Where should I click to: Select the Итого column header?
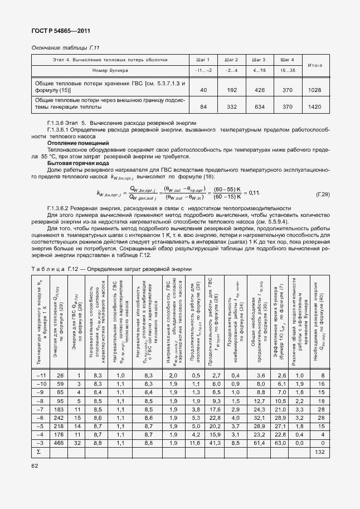click(315, 65)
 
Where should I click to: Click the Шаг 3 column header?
click(259, 60)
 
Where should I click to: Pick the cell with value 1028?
click(315, 90)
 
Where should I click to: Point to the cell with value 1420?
click(315, 106)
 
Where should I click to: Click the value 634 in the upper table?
click(259, 106)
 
